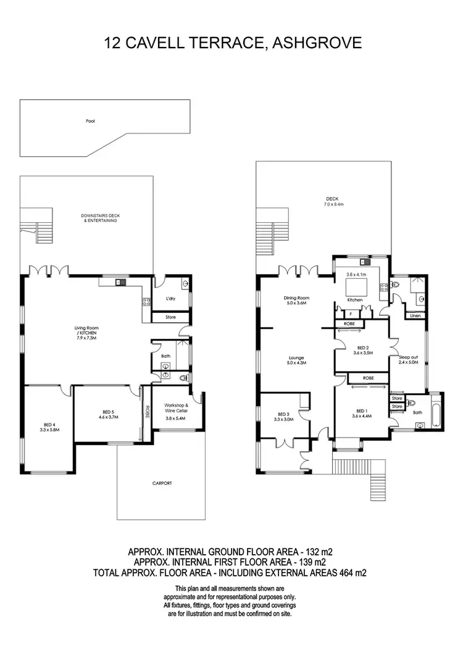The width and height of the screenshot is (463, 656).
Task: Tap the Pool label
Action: [x=90, y=121]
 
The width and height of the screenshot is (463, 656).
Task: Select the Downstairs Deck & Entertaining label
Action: [x=99, y=217]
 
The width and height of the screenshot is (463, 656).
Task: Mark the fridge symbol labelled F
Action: [x=343, y=313]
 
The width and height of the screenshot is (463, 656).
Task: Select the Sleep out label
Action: [x=409, y=359]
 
